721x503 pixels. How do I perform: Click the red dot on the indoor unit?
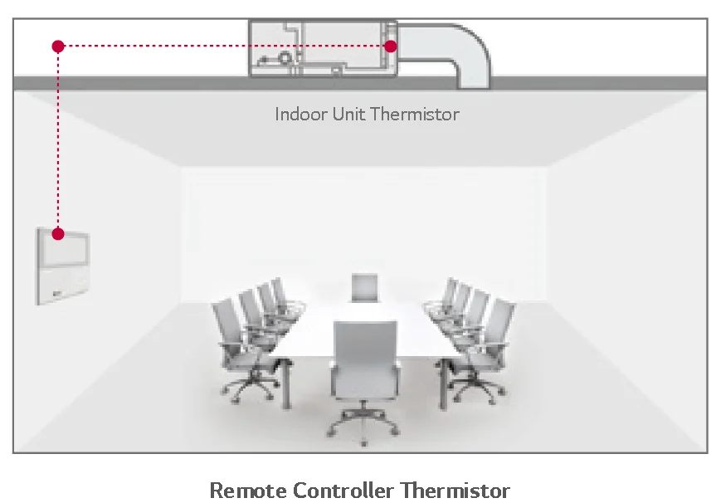[x=390, y=46]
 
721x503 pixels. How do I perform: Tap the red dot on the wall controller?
[x=58, y=234]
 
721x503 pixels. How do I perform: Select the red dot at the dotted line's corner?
[x=58, y=46]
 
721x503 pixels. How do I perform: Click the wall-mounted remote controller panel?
[x=63, y=265]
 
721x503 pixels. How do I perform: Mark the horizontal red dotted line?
[x=224, y=46]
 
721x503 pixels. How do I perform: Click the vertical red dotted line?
[x=58, y=141]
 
